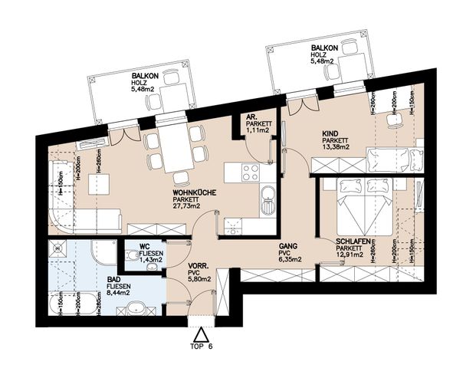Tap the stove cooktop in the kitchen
tap(251, 173)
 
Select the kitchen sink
tap(267, 202)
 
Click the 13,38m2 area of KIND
tap(336, 147)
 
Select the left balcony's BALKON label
tap(145, 76)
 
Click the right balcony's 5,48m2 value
tap(325, 62)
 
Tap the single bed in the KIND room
tap(394, 159)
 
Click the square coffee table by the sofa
tap(97, 185)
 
